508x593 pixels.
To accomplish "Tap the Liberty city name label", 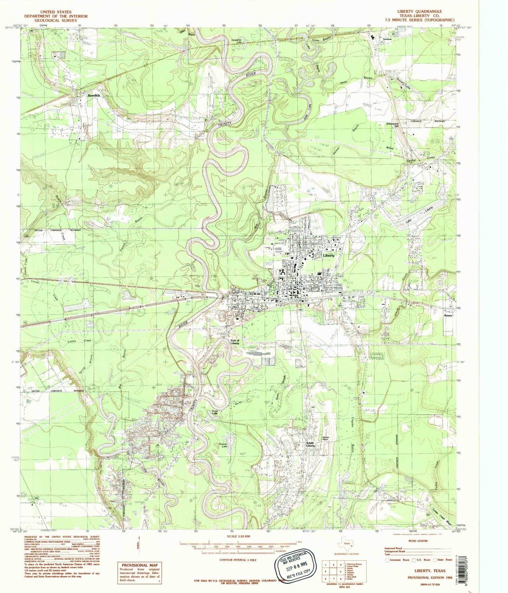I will coord(329,256).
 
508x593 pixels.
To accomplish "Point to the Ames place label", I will coord(448,315).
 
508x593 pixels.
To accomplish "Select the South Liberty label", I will coord(310,444).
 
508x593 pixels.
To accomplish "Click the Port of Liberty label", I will coord(235,342).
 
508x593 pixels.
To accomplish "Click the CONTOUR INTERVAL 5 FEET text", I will coord(238,560).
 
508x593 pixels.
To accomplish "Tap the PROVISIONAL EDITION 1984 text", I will coord(426,578).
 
